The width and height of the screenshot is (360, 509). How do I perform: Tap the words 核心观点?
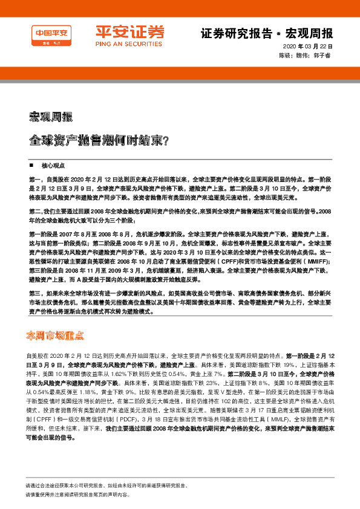50,164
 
